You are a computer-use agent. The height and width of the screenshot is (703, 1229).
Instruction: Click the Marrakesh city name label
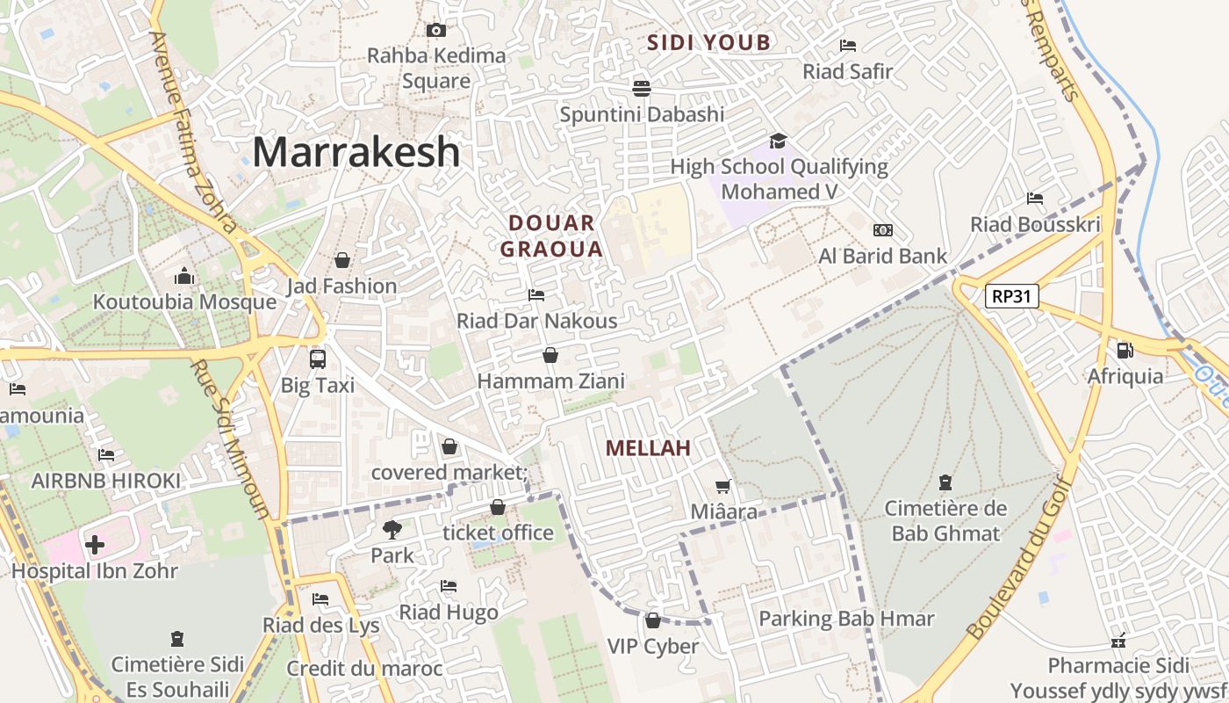[356, 152]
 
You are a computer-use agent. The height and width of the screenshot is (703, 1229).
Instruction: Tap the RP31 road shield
[1011, 296]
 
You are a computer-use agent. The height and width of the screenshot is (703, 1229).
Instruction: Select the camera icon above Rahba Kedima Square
[435, 31]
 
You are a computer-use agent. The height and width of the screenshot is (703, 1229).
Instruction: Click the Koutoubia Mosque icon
[183, 277]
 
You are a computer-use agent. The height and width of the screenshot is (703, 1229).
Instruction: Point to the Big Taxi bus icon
[317, 359]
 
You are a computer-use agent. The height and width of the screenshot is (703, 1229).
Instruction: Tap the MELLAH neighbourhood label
[648, 448]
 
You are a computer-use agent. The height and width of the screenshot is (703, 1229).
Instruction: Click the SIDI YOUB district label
[708, 42]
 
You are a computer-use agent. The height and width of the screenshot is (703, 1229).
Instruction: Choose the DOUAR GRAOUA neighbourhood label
[551, 236]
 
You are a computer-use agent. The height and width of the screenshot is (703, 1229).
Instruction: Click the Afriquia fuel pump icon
[1125, 351]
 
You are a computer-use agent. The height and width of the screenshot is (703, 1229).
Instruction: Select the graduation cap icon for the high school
[778, 141]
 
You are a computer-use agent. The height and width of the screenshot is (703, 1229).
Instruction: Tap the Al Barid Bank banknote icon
[882, 230]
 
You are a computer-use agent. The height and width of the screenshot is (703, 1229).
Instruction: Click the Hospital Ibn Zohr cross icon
[95, 545]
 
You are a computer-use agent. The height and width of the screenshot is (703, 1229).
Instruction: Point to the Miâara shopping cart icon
[722, 486]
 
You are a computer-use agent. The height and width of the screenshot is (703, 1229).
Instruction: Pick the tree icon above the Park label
[392, 529]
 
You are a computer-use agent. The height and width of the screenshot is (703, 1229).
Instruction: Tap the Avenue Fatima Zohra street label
[193, 132]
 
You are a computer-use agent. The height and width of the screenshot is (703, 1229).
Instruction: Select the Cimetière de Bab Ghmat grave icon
[945, 482]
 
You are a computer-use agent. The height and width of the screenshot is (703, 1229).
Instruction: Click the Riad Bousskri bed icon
[1035, 199]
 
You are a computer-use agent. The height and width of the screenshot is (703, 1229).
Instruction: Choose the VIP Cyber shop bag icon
[652, 620]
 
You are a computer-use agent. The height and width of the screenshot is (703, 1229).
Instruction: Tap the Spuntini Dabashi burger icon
[642, 88]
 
